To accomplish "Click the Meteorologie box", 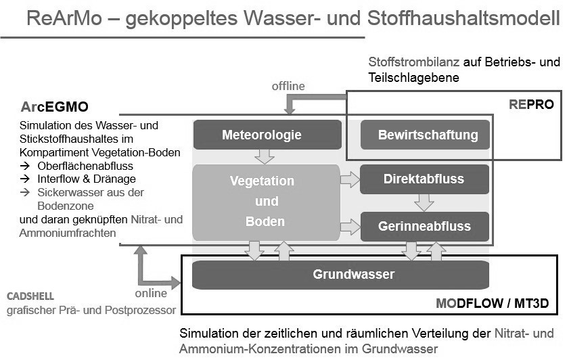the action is [267, 135].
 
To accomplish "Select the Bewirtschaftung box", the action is [425, 135].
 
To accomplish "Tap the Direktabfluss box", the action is [425, 179].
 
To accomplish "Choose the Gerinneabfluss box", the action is [425, 227].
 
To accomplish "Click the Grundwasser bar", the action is [340, 275].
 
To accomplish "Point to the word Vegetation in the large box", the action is [262, 181].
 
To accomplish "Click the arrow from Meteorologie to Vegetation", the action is [265, 156].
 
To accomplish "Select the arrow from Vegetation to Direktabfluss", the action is [350, 179].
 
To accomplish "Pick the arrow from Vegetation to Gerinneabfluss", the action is [350, 227].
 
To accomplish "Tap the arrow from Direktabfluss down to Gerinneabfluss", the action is [424, 202].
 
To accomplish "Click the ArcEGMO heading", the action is [54, 107].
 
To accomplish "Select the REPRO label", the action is [531, 104].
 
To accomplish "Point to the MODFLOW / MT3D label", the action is [492, 303].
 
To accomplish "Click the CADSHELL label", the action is [30, 296].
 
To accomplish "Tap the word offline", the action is [288, 86].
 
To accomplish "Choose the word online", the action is [151, 293].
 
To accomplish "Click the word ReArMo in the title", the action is [64, 18].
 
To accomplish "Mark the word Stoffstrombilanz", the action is [414, 62].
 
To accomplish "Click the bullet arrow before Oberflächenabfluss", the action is [25, 166].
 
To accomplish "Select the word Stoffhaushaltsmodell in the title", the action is [463, 18].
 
